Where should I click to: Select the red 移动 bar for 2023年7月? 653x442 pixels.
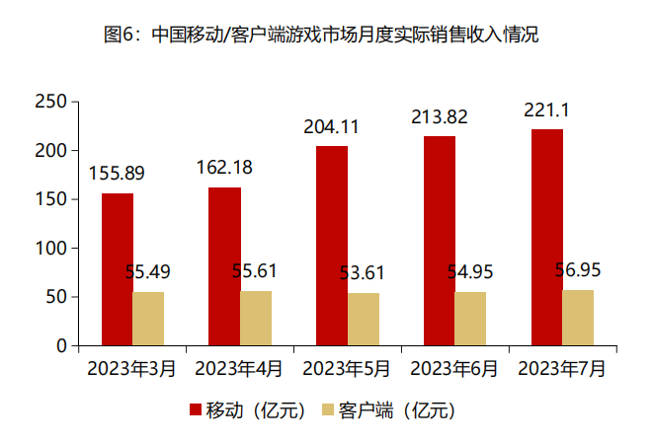(x=546, y=238)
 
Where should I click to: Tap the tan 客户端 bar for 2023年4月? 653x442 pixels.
(x=256, y=319)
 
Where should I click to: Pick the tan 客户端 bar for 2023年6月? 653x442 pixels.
(x=470, y=319)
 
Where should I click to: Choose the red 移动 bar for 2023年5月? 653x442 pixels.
(x=332, y=246)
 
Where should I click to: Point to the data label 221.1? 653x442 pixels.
(x=546, y=110)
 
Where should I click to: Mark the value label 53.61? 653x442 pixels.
(x=365, y=273)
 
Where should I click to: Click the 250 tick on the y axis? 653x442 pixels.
(x=49, y=102)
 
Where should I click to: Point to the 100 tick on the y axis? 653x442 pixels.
(x=49, y=249)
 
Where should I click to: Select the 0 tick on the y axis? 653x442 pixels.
(x=60, y=346)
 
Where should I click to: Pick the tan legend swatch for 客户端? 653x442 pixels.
(x=327, y=409)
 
